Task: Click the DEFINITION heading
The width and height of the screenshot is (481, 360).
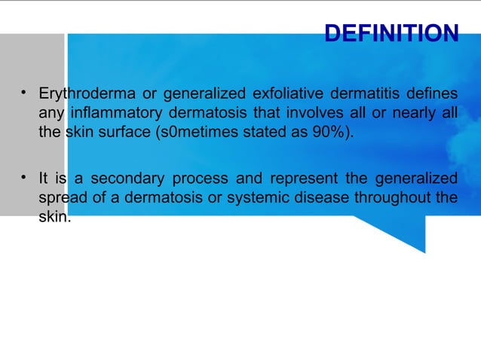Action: click(391, 33)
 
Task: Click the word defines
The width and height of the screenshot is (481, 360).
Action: click(432, 94)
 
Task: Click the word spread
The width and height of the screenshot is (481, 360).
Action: click(61, 198)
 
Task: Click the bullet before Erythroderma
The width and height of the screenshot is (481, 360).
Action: click(24, 93)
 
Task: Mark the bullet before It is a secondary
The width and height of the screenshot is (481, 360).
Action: click(24, 178)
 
